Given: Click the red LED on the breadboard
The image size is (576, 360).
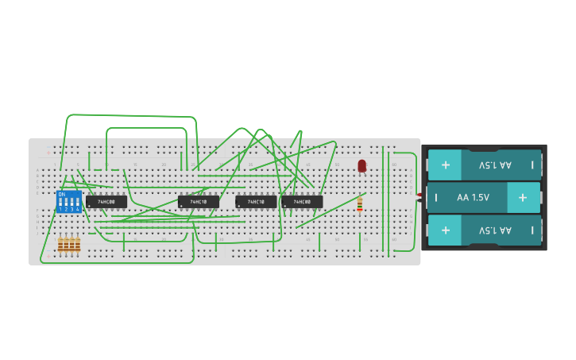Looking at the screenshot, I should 361,165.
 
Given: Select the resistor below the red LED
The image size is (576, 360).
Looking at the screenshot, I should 360,204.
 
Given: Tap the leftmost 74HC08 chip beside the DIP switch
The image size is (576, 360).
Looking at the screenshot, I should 106,202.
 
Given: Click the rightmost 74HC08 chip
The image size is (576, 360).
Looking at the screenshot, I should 302,202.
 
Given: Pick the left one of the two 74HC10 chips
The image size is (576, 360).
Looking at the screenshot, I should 198,202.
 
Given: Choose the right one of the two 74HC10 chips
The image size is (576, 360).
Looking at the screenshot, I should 256,202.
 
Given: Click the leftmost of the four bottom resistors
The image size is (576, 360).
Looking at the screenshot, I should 60,246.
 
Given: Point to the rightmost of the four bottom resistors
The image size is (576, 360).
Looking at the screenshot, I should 77,246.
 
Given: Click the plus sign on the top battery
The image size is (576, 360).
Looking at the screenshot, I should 445,165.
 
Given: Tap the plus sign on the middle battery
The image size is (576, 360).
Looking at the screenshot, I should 523,197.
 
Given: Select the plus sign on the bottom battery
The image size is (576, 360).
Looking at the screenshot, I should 445,230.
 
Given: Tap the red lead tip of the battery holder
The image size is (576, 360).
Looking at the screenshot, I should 419,194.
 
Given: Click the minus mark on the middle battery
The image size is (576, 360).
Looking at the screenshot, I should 434,197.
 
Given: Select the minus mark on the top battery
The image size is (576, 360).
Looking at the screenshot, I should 532,165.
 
